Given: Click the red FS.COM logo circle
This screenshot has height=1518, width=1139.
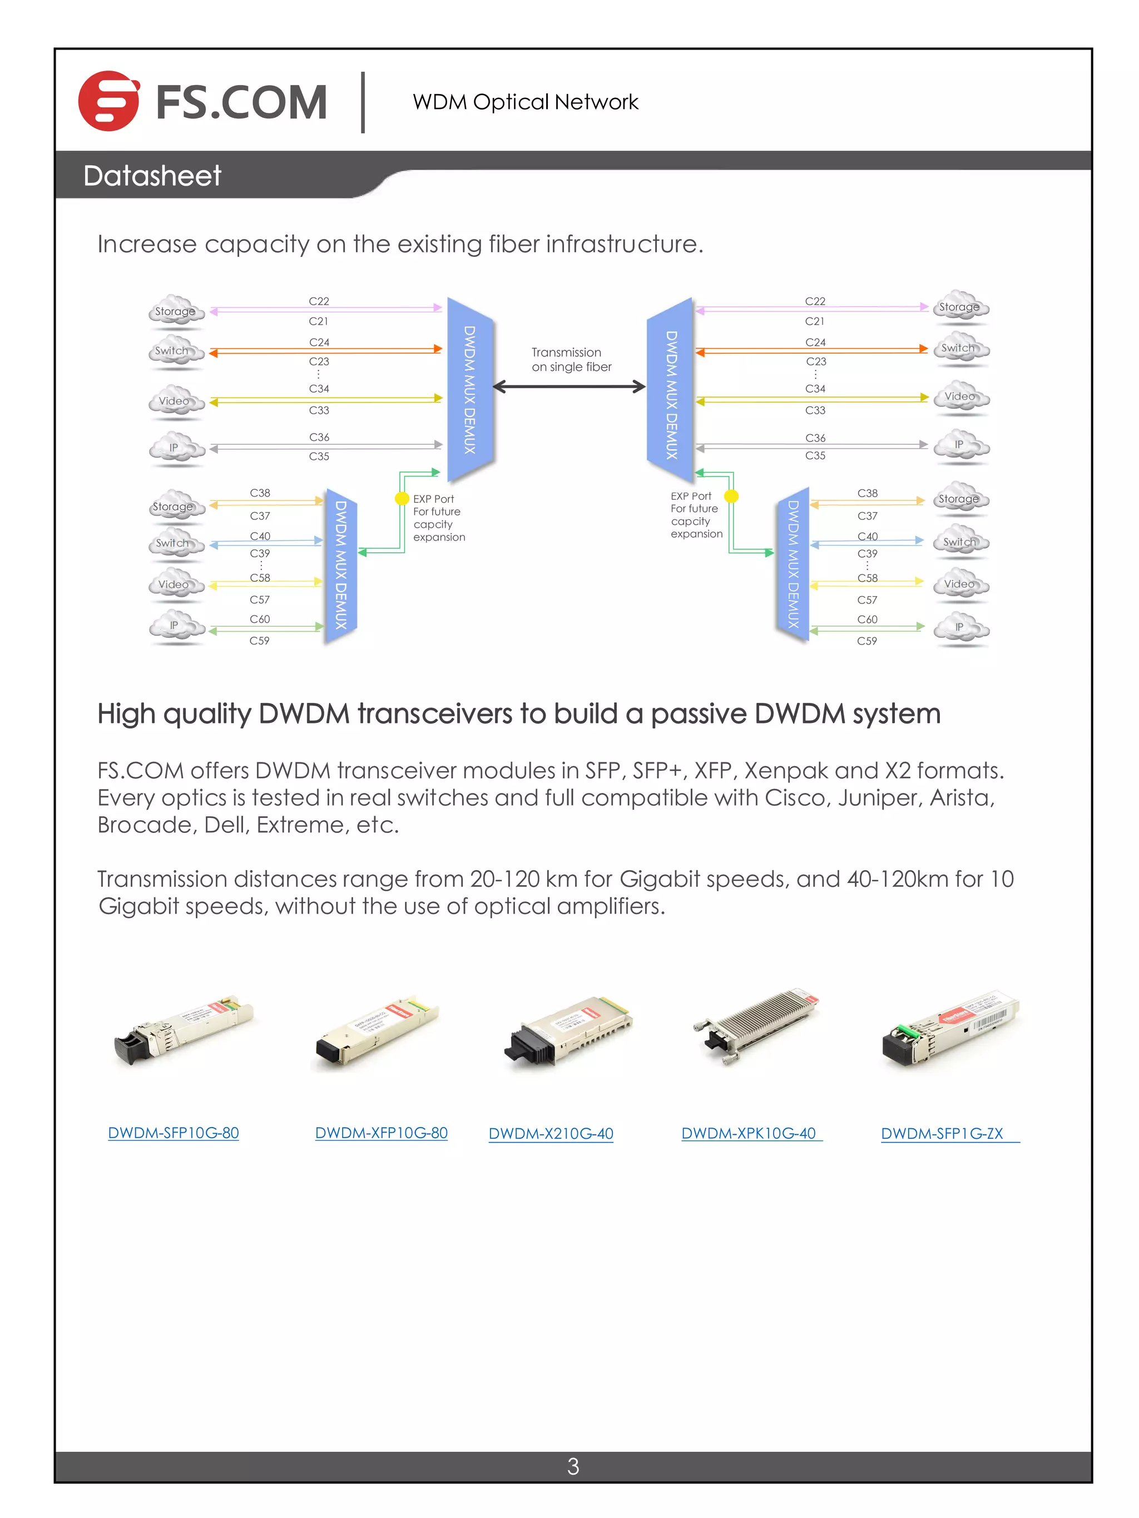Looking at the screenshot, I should [x=108, y=101].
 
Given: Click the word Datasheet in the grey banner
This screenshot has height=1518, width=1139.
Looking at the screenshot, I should [x=152, y=176].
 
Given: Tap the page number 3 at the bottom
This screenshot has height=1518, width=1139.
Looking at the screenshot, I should [x=573, y=1466].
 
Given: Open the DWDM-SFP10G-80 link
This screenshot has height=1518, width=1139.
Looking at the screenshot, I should [x=173, y=1133].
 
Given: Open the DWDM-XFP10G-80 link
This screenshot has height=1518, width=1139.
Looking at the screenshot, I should [x=381, y=1133].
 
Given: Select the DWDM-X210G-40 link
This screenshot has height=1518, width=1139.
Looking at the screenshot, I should [x=551, y=1134].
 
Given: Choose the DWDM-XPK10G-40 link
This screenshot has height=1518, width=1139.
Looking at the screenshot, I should [x=749, y=1133].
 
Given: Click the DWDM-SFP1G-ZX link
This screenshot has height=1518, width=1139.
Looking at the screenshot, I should [x=942, y=1134].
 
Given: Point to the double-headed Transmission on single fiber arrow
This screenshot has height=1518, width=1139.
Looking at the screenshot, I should [x=569, y=387].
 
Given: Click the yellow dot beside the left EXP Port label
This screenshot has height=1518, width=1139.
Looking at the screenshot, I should [x=402, y=498].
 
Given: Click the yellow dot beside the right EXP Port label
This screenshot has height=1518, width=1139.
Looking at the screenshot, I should [x=732, y=495].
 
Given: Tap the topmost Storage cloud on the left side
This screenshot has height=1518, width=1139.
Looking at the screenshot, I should [x=176, y=311].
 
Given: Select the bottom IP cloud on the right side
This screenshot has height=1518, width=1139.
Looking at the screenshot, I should [x=960, y=627].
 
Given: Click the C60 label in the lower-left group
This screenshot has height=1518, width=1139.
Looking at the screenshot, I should [x=260, y=619].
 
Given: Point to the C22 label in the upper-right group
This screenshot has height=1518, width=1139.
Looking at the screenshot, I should [x=815, y=301].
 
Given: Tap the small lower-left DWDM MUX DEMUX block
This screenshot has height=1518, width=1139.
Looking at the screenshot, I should [x=340, y=565].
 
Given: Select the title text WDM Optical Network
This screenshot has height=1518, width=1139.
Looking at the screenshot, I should [x=525, y=102].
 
